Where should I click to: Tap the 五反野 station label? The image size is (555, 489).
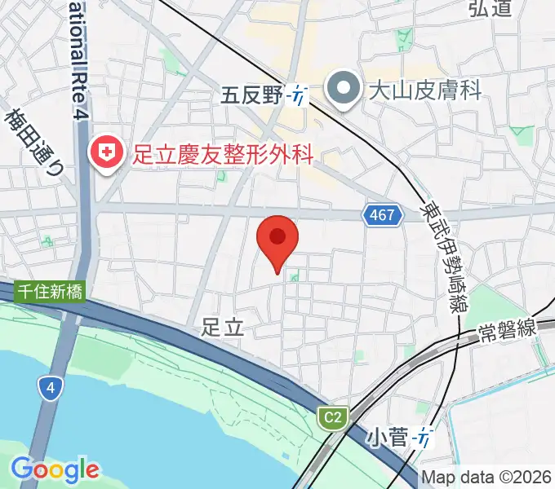[251, 96]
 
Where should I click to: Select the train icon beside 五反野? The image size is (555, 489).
[298, 96]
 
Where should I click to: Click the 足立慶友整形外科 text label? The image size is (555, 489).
[223, 153]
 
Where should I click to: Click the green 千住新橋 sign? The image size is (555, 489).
[49, 292]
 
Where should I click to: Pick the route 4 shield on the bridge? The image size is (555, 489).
[51, 390]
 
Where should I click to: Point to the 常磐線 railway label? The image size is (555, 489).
[507, 329]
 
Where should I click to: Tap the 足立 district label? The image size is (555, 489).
[222, 328]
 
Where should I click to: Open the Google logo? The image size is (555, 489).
[55, 470]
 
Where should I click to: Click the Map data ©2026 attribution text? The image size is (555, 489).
[486, 478]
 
